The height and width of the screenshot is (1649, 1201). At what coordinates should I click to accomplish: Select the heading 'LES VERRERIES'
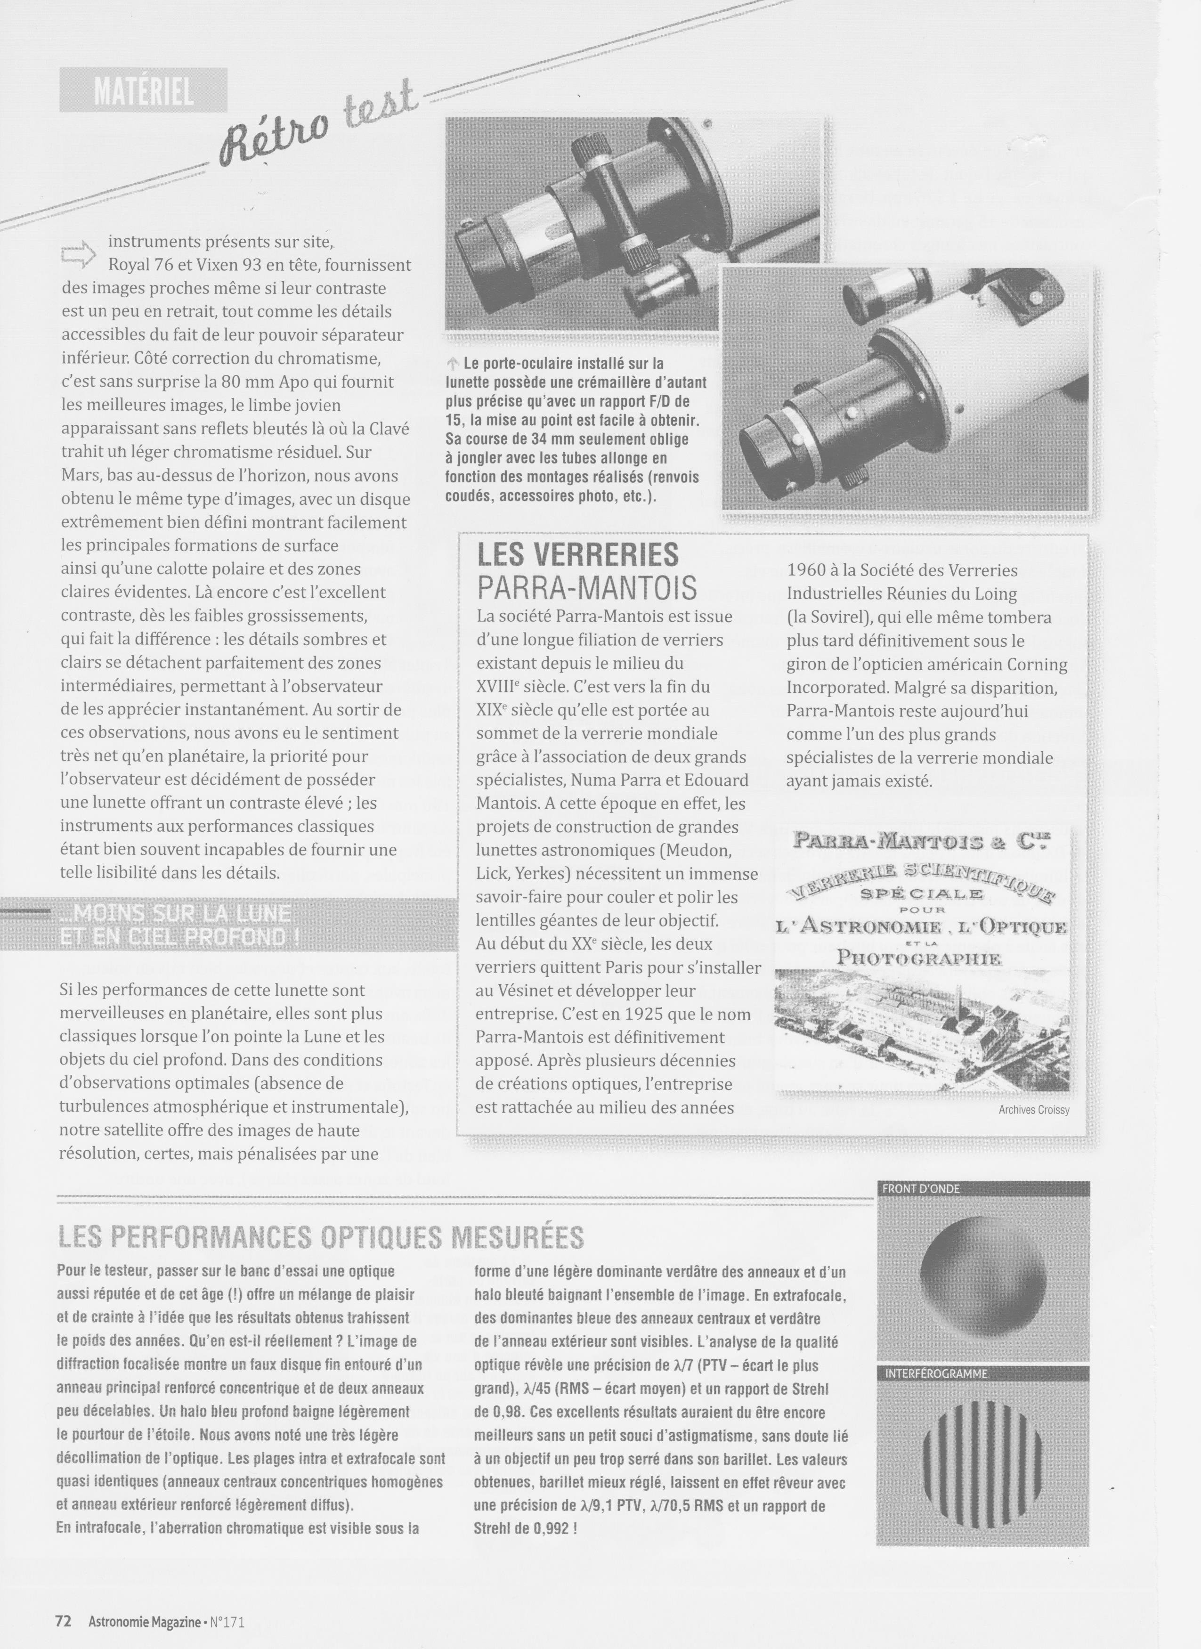pos(577,555)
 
